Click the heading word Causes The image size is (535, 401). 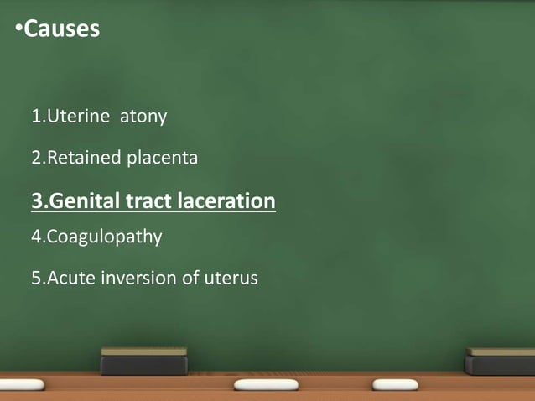62,29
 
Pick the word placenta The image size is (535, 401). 162,158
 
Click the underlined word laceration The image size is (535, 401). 226,201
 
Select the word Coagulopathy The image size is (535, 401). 103,237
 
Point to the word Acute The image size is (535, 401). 70,278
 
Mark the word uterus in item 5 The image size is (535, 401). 231,278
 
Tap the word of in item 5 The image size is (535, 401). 190,278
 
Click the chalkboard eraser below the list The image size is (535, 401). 144,361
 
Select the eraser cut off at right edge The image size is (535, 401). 500,361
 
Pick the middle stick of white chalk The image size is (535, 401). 265,385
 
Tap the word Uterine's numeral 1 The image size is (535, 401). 35,117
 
